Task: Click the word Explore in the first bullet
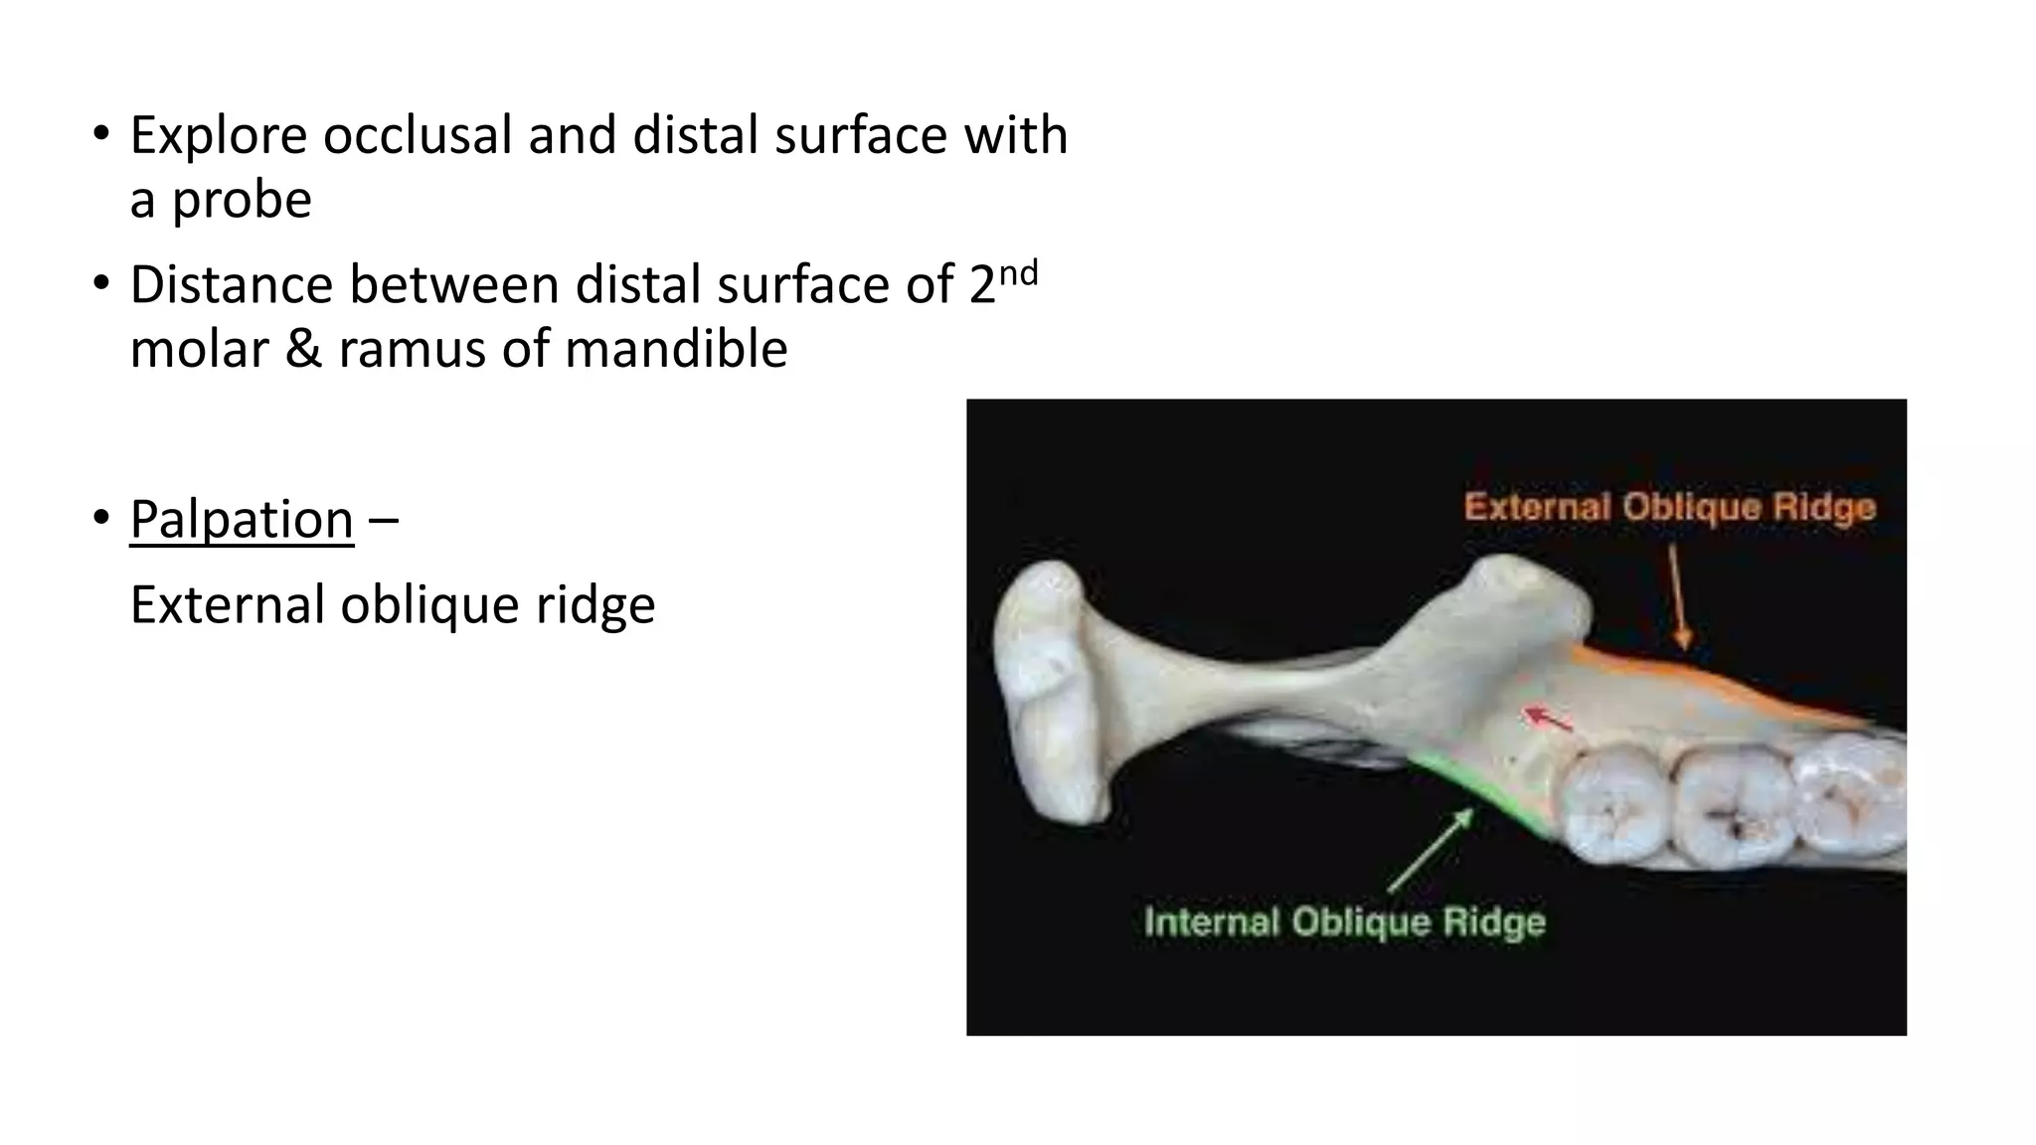point(218,135)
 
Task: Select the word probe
point(242,201)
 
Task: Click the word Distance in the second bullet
point(232,285)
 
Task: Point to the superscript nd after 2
point(1018,272)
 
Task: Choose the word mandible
point(676,350)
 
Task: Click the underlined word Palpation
point(242,520)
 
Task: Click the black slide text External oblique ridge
point(393,605)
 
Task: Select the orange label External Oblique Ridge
point(1669,508)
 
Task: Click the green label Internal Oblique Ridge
point(1344,921)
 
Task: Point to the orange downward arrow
point(1677,596)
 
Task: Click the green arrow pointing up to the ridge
point(1432,850)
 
